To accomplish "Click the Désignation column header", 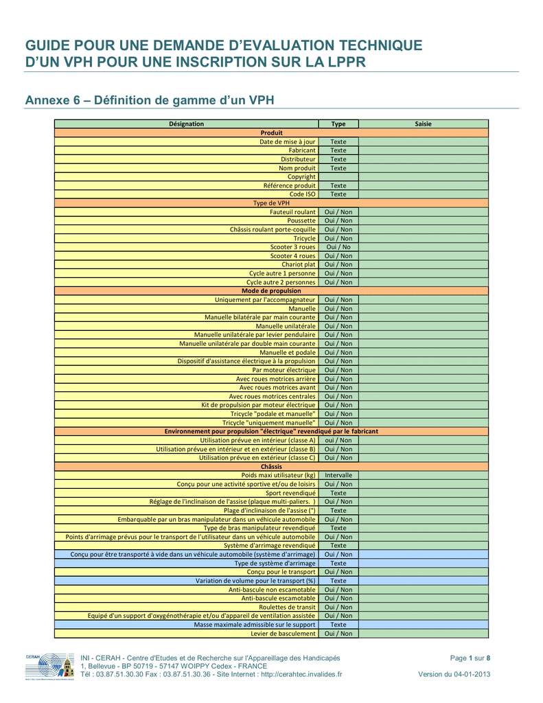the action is click(187, 124).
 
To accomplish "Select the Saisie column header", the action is click(423, 124).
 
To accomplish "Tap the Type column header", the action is click(338, 124).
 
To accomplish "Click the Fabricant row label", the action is click(302, 150).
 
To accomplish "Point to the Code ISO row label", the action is click(302, 194).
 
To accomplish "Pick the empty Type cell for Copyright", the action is click(338, 177).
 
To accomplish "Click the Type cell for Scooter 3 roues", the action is click(338, 247).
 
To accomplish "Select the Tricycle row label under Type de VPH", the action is click(305, 238).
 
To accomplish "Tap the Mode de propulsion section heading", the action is click(271, 291).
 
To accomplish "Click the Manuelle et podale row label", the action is click(288, 352).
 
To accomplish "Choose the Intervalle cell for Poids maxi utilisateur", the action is click(338, 475).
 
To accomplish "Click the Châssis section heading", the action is click(271, 467).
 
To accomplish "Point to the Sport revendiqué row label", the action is click(290, 493).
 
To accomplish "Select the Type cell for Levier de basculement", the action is click(338, 634).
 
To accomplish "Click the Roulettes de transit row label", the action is click(287, 607).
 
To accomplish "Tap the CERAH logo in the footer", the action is click(50, 667).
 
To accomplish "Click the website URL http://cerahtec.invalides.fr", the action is click(301, 674).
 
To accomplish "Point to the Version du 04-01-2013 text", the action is click(454, 674).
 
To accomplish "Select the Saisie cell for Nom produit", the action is click(424, 168).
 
